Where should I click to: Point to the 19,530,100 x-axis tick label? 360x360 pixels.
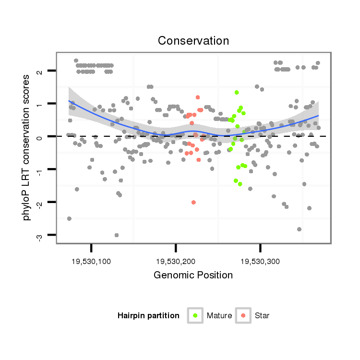91,261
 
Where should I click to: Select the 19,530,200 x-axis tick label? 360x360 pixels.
176,261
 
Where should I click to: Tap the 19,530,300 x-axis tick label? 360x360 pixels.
261,261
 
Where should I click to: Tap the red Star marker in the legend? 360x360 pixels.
243,315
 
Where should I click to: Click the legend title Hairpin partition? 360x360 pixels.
148,316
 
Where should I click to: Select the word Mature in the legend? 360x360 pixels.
219,316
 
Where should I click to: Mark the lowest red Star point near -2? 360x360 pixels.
193,202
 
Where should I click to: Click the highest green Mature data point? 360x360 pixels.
237,92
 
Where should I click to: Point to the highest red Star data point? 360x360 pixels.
198,97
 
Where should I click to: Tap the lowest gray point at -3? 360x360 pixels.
117,235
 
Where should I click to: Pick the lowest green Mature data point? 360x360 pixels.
240,184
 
